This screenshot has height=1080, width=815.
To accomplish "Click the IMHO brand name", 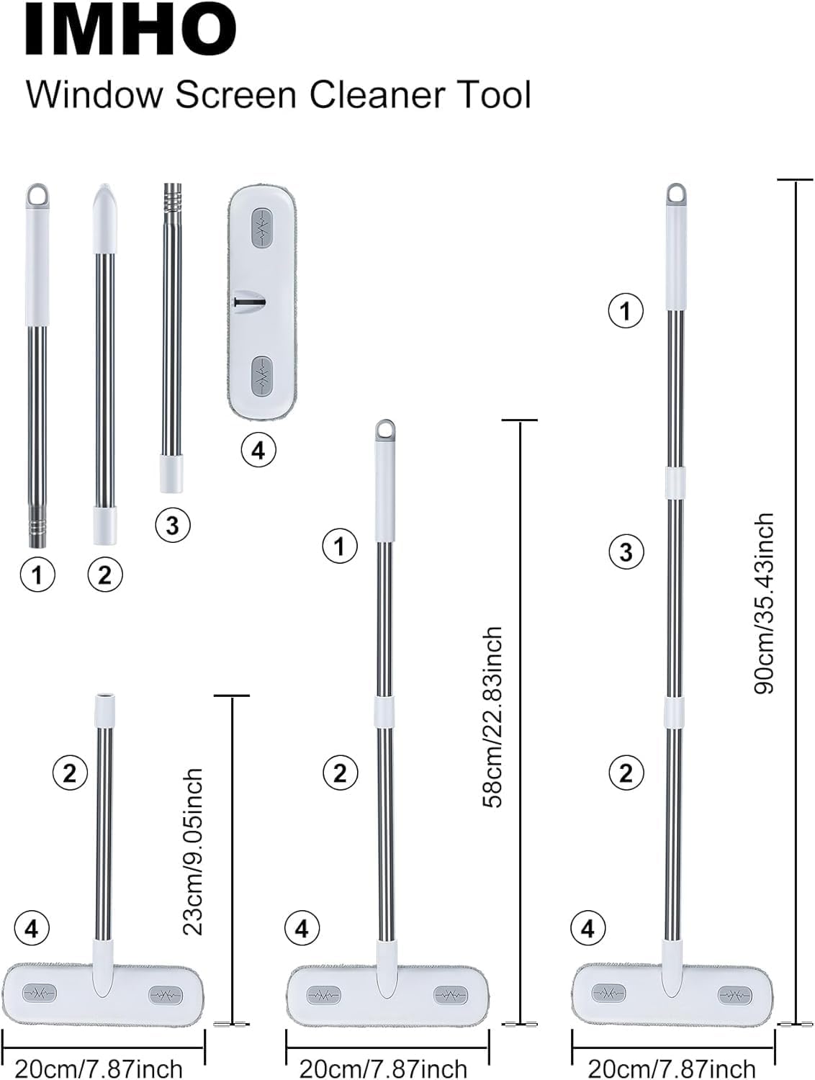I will [130, 30].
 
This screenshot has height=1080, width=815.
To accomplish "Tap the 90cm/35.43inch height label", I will [764, 603].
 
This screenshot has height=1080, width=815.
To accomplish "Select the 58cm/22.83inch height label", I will [494, 716].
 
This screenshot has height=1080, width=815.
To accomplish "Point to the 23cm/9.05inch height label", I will [193, 851].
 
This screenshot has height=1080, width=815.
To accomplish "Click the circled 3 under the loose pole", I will [172, 525].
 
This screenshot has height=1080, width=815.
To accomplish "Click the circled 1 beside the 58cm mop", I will [340, 546].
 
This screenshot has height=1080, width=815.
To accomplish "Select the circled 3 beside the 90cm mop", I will [626, 552].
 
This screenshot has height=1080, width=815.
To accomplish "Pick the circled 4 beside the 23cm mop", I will [31, 928].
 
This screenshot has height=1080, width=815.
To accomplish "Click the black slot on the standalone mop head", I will [248, 302].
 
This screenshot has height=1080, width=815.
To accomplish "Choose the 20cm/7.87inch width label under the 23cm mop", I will [99, 1068].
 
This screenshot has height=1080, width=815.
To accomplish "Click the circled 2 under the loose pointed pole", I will [105, 575].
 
